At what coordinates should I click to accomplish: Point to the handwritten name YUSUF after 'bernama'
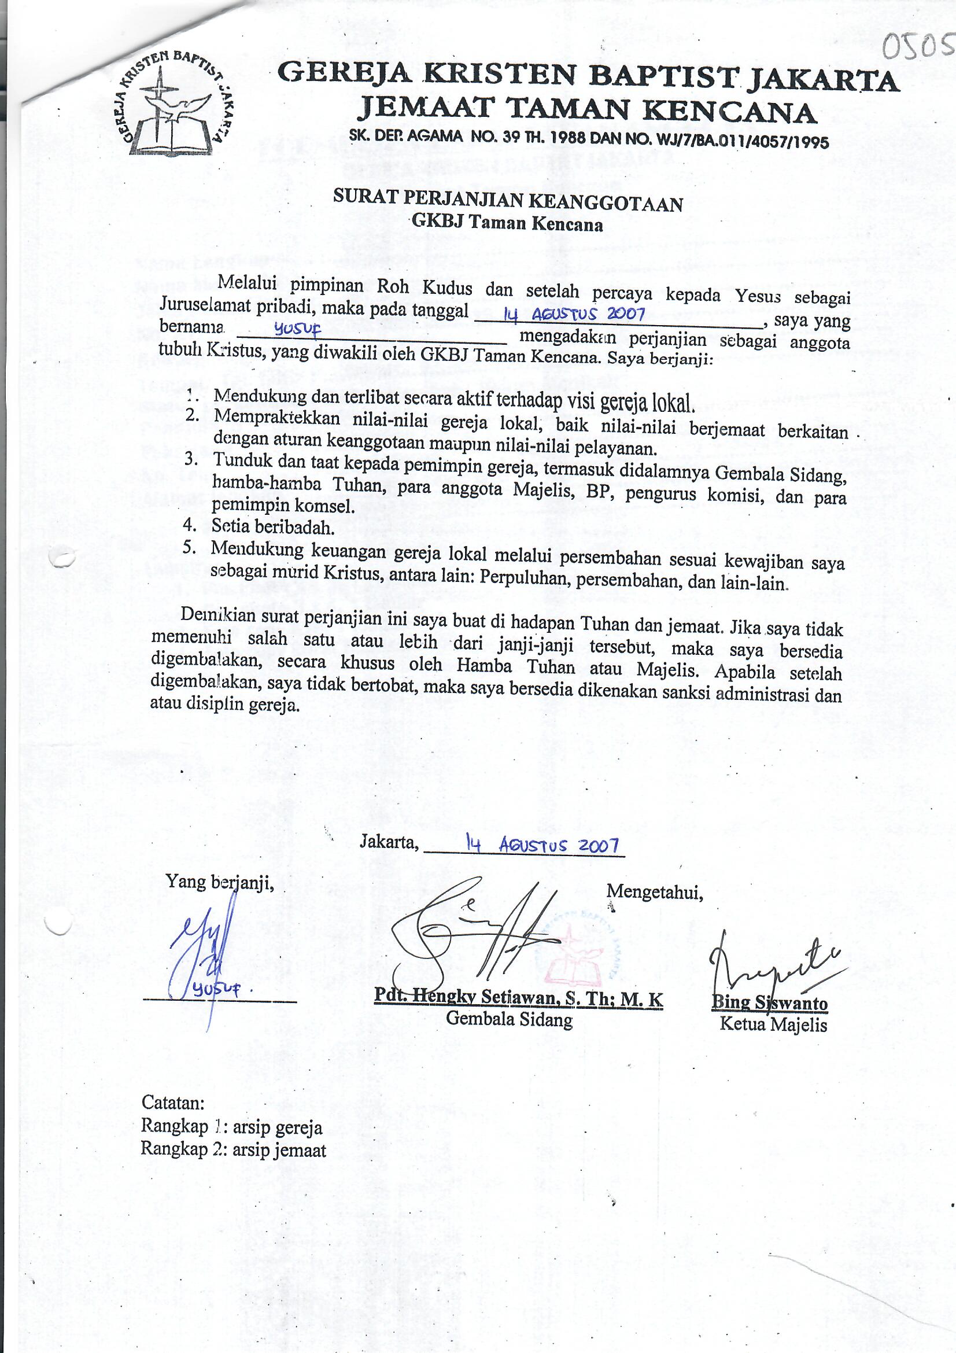[x=297, y=333]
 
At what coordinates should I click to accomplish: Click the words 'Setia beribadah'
[x=273, y=526]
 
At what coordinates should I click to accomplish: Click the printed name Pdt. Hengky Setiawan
[x=518, y=998]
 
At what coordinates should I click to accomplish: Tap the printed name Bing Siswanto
[x=769, y=1002]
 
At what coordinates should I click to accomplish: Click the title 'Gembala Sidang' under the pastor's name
[x=509, y=1019]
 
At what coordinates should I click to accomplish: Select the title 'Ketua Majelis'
[x=773, y=1025]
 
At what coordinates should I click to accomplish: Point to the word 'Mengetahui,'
[x=655, y=892]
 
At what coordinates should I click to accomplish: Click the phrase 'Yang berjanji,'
[x=220, y=882]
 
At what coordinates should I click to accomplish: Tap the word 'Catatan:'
[x=173, y=1102]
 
